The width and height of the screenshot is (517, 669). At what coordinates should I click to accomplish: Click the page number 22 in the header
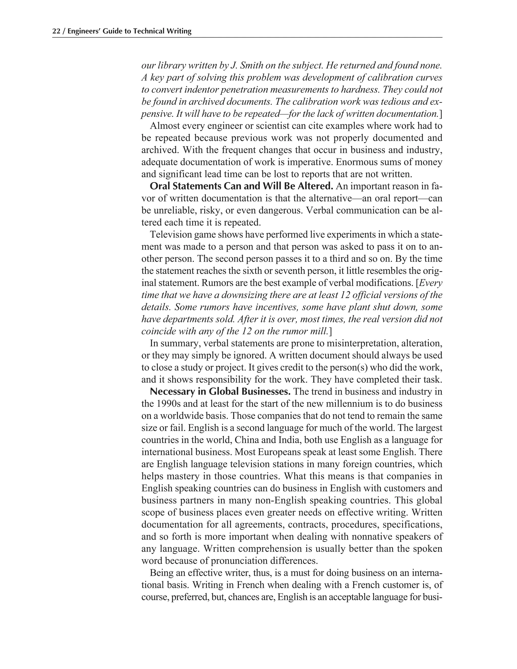(56, 31)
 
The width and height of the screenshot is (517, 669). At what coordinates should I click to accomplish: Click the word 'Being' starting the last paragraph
(162, 573)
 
